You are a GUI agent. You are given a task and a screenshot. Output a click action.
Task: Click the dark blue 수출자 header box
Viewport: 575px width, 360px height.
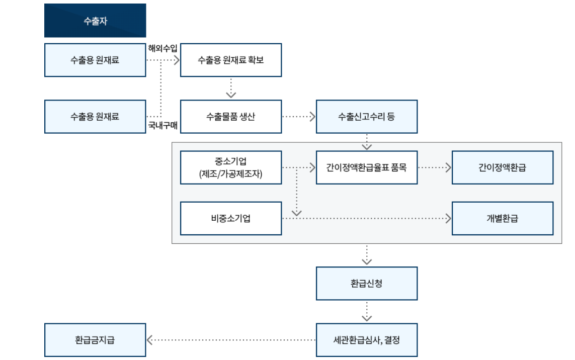coord(95,21)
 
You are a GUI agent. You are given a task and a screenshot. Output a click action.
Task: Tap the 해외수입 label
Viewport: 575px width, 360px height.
coord(162,48)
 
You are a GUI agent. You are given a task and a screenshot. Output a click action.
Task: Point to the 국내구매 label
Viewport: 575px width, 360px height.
coord(162,125)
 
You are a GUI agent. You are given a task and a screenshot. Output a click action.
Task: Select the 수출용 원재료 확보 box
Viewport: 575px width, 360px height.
coord(231,60)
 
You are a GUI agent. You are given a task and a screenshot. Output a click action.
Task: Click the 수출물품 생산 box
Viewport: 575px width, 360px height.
coord(231,117)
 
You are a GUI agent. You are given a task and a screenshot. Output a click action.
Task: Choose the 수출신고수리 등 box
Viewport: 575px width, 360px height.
coord(367,117)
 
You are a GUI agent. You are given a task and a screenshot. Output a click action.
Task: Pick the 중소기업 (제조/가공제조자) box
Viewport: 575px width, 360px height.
coord(231,167)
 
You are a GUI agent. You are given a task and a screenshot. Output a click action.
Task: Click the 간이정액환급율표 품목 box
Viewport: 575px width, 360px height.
coord(367,167)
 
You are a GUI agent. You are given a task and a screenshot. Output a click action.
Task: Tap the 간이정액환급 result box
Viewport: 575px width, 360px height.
coord(503,167)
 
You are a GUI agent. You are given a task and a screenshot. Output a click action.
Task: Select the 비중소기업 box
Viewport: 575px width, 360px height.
coord(231,219)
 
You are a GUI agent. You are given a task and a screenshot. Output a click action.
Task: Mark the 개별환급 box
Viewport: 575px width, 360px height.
coord(503,219)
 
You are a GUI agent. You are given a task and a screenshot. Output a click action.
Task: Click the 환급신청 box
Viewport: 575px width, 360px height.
coord(367,284)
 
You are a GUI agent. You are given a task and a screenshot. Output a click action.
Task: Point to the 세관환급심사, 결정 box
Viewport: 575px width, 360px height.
coord(367,340)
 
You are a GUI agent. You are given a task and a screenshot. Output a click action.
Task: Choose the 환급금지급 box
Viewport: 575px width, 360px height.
coord(95,340)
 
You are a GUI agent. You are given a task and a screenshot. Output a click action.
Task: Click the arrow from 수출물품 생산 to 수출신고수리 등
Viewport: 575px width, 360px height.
coord(299,117)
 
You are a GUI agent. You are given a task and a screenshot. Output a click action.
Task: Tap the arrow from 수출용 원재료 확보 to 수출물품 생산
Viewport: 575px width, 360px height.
coord(231,88)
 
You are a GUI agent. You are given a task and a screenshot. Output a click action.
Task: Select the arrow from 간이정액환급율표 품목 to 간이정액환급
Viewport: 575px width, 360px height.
coord(435,167)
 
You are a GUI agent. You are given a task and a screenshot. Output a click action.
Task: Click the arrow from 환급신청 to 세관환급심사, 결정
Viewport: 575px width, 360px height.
coord(367,312)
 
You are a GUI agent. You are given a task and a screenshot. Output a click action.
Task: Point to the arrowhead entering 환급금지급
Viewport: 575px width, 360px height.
coord(149,340)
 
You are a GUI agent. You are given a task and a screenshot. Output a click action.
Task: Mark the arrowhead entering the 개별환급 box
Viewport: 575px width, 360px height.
coord(448,219)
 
